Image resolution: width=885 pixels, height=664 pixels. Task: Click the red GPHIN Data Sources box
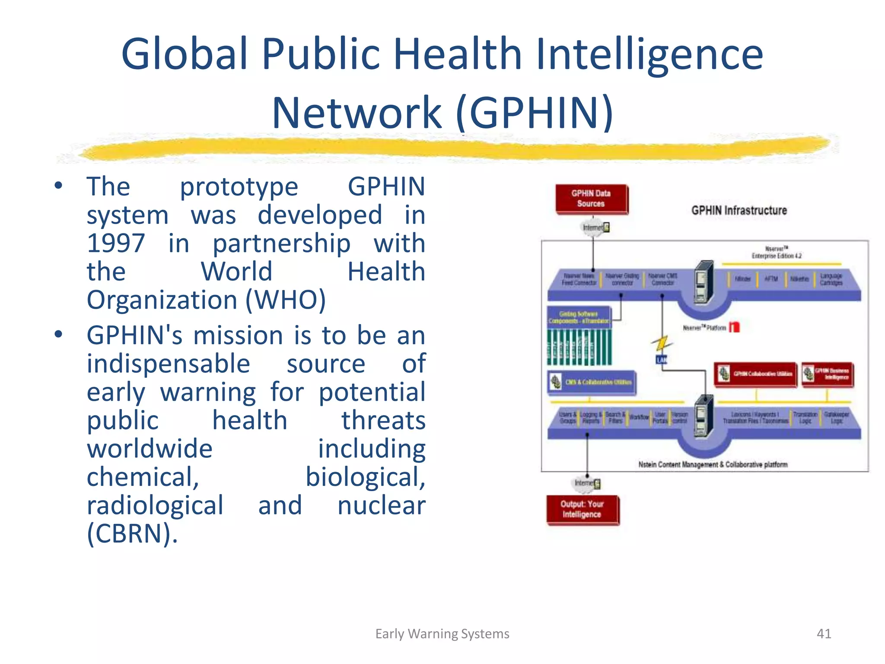click(x=591, y=199)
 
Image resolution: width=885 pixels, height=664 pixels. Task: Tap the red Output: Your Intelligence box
click(x=582, y=509)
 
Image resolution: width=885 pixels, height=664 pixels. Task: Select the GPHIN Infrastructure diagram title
click(x=739, y=211)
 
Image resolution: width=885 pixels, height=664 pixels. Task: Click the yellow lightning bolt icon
click(x=661, y=344)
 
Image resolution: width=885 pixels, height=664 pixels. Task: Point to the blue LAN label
click(x=662, y=360)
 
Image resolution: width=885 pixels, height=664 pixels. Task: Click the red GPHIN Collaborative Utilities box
click(x=755, y=374)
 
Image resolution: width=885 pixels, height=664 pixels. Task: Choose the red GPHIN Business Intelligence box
click(x=827, y=374)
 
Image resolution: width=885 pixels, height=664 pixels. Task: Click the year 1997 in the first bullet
click(x=116, y=243)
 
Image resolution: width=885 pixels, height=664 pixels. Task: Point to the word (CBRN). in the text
click(x=132, y=533)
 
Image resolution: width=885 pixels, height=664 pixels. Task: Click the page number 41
click(x=824, y=634)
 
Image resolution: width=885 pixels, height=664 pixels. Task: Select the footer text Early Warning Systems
click(x=442, y=634)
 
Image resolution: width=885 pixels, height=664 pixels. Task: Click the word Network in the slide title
click(x=357, y=113)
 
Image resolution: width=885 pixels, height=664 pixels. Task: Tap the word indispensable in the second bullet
click(x=169, y=364)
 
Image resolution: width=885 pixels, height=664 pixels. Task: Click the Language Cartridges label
click(x=831, y=279)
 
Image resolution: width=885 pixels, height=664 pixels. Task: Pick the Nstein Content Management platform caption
click(x=713, y=465)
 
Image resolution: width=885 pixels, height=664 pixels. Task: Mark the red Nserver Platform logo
click(x=734, y=327)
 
